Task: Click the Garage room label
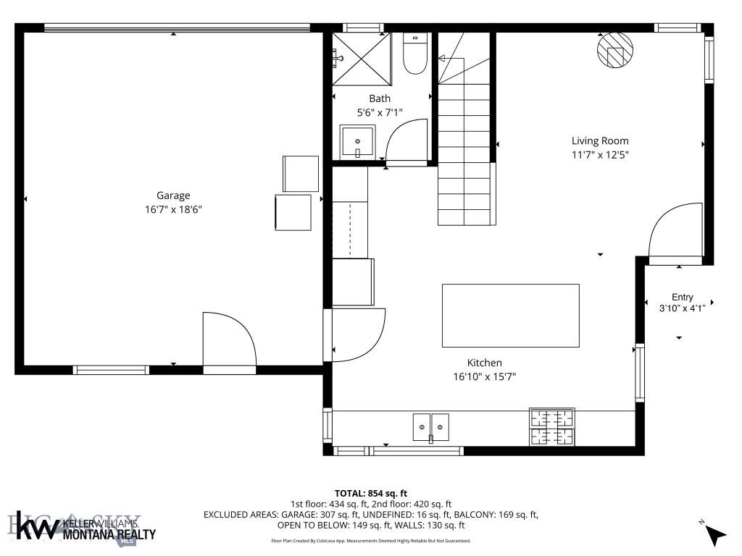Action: pyautogui.click(x=173, y=195)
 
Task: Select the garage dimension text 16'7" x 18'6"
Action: pyautogui.click(x=173, y=210)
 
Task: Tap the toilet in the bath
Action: pyautogui.click(x=414, y=56)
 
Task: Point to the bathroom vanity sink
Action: pyautogui.click(x=358, y=142)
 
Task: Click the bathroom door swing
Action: pyautogui.click(x=406, y=142)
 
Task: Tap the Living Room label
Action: pyautogui.click(x=599, y=141)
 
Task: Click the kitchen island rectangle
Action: pyautogui.click(x=510, y=315)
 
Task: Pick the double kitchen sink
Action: pyautogui.click(x=430, y=426)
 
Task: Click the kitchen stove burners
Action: pyautogui.click(x=553, y=426)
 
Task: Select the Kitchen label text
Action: pyautogui.click(x=484, y=363)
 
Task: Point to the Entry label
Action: pyautogui.click(x=682, y=297)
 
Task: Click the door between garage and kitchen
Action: pyautogui.click(x=358, y=334)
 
